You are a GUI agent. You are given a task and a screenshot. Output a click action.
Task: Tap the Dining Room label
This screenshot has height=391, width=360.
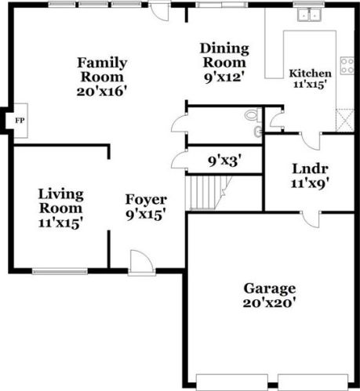(224, 55)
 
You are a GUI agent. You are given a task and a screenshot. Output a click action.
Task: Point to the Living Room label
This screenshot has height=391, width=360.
(61, 201)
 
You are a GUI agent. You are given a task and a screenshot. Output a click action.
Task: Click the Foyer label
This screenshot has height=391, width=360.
(146, 200)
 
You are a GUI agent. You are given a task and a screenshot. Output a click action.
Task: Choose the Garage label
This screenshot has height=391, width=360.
(269, 288)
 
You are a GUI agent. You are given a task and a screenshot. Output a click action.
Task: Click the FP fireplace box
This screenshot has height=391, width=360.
(20, 121)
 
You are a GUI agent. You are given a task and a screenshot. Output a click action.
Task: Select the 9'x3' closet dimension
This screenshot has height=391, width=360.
(224, 161)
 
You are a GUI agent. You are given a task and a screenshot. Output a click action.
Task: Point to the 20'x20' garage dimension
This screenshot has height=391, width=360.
(269, 302)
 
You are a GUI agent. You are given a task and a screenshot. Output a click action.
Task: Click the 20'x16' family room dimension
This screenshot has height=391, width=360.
(102, 91)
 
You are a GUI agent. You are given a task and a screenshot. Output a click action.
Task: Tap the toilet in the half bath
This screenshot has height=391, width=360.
(252, 116)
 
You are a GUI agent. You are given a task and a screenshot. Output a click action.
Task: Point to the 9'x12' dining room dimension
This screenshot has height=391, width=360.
(224, 77)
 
